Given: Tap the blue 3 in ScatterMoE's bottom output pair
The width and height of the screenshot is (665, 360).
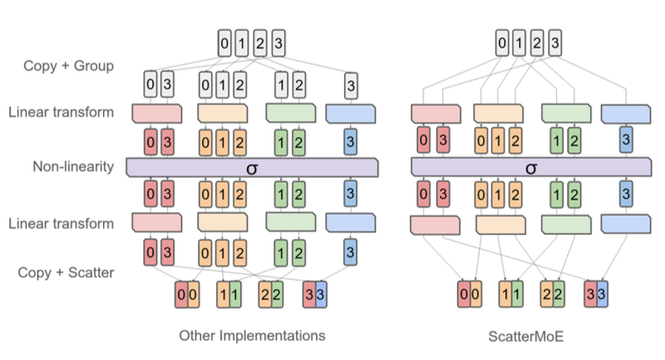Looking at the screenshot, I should (601, 293).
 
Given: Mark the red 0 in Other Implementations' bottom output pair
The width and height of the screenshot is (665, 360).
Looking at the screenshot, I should (180, 293).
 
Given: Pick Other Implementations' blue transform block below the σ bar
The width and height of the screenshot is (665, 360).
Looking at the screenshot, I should (352, 222).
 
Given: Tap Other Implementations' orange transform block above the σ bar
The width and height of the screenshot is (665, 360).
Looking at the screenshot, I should (222, 112).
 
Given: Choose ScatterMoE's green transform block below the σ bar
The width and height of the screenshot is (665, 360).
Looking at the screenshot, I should (566, 224).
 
